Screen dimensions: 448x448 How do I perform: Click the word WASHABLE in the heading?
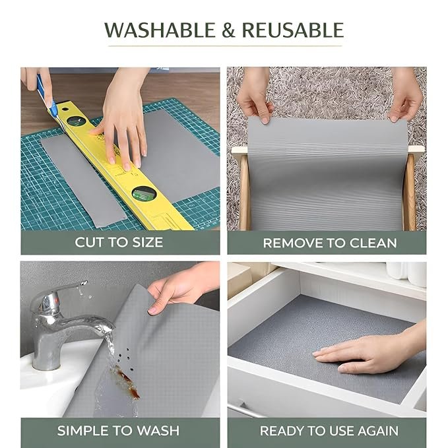point(160,30)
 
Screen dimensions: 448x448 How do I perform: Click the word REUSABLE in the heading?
point(293,30)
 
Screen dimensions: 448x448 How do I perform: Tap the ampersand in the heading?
point(228,30)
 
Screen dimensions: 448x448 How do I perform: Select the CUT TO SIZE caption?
point(119,242)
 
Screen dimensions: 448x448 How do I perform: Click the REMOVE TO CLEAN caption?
point(330,243)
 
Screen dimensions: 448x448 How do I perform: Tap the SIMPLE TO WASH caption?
point(118,431)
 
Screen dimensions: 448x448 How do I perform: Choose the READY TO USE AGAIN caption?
point(329,431)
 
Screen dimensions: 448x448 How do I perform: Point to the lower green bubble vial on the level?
point(144,193)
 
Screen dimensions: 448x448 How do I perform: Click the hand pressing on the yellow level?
point(123,120)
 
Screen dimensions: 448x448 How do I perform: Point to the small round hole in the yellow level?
point(65,109)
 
